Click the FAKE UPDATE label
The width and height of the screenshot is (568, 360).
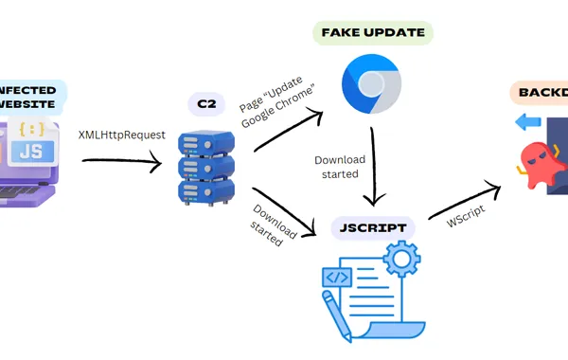(x=372, y=32)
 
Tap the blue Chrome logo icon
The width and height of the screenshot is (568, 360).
(x=371, y=84)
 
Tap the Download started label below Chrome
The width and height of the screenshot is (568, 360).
(x=337, y=167)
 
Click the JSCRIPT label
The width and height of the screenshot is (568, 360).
(x=374, y=227)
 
